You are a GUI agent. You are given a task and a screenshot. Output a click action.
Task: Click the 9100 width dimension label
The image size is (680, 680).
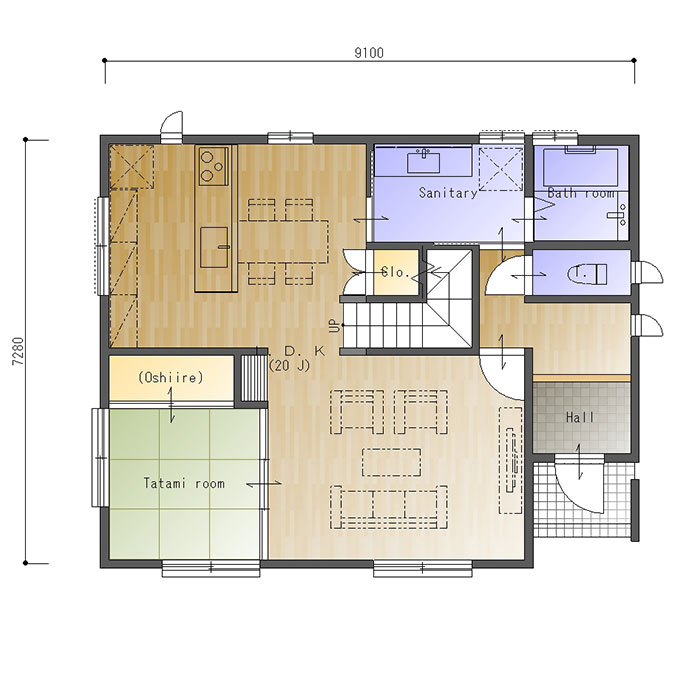pos(369,52)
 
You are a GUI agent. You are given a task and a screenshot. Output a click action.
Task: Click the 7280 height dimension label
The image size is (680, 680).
pos(19,351)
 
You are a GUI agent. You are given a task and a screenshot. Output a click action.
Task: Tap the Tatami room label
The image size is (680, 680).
pos(184,483)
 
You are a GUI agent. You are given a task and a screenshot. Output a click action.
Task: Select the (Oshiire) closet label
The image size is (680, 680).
pos(170,377)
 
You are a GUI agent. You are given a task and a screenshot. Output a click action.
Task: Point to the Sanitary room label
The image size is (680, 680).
pos(448,193)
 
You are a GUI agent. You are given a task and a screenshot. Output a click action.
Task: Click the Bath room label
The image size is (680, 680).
pos(581,193)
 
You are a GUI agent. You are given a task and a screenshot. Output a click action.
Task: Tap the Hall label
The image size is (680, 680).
pos(580,418)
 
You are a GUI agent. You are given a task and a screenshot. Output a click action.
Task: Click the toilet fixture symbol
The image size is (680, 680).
pos(587,274)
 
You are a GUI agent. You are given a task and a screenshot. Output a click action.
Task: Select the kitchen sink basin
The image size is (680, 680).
pos(214,247)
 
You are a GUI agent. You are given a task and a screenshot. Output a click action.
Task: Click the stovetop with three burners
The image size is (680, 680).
pos(213,167)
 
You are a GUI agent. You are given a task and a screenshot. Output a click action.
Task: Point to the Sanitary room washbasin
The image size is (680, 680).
pos(423,162)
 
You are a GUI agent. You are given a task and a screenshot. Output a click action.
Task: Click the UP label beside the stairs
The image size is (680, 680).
pos(334,325)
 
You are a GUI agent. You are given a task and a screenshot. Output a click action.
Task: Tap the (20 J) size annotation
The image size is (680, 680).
pos(290,366)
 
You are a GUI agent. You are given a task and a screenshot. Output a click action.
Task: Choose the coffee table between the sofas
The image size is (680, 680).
pos(392,462)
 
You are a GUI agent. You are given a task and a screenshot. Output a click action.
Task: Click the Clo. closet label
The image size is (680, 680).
pos(395,273)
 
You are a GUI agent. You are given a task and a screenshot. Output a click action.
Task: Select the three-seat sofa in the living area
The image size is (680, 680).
pos(389,507)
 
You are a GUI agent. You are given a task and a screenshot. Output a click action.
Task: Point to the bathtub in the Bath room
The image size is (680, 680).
pos(581,167)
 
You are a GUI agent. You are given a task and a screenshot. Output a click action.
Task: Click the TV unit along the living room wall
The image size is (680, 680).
pos(511,460)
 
